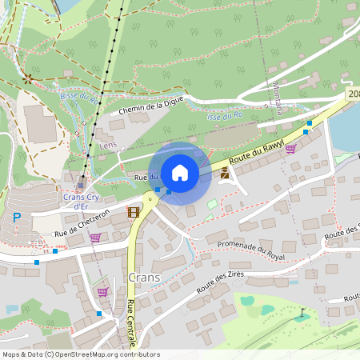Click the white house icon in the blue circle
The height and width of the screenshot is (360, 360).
[180, 172]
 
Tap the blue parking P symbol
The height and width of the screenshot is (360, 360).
[16, 218]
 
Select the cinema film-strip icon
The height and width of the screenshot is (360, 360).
[133, 212]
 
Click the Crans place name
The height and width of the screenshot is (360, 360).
[145, 278]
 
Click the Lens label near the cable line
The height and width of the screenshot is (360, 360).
[109, 146]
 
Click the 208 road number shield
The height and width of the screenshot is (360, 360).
[353, 94]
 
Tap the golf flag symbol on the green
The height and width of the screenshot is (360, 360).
[302, 314]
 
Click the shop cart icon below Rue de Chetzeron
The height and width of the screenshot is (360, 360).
[95, 238]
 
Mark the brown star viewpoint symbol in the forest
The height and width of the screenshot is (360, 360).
[28, 78]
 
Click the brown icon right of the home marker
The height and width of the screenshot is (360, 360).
[225, 172]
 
